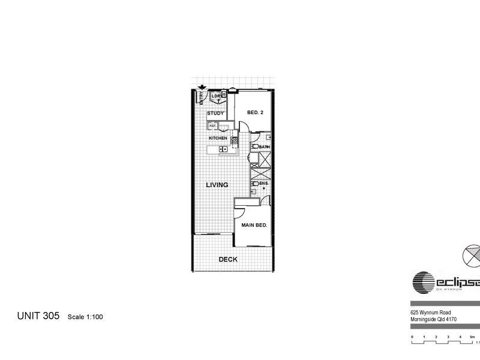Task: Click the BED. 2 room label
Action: (x=254, y=112)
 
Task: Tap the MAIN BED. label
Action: (x=254, y=225)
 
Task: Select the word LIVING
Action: (x=217, y=185)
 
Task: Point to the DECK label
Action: (x=227, y=260)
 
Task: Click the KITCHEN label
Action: (x=217, y=138)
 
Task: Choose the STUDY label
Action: (x=215, y=113)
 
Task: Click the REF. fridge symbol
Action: (x=212, y=126)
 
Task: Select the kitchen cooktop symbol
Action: (x=235, y=141)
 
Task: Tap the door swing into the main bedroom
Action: (x=239, y=211)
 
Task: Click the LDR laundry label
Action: (x=215, y=95)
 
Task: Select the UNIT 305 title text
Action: (x=37, y=316)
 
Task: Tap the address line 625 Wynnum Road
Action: (x=434, y=312)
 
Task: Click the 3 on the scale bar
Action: (x=448, y=337)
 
